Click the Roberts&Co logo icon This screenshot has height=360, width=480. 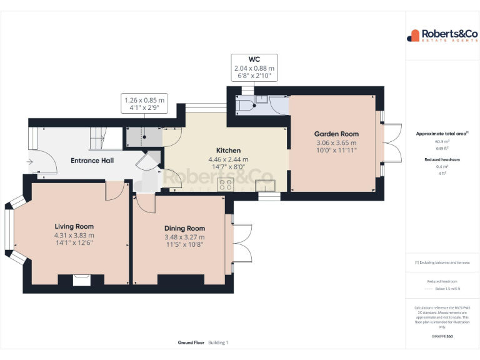[413, 36]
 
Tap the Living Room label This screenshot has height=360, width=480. [74, 227]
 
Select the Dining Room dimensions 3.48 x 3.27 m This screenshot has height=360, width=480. [184, 237]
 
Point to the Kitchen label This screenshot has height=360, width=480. [228, 151]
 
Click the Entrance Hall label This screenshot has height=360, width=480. [92, 161]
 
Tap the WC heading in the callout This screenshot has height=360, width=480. [254, 59]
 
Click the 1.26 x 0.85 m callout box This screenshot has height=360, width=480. [144, 103]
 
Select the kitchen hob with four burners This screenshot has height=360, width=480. [225, 184]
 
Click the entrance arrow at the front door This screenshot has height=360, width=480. [30, 161]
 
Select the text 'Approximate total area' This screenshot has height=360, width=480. [441, 134]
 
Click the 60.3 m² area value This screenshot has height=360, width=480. [442, 142]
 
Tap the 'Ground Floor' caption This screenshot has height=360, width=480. [191, 342]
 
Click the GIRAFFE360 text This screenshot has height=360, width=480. [442, 336]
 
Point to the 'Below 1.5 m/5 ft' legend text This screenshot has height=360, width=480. [447, 289]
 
